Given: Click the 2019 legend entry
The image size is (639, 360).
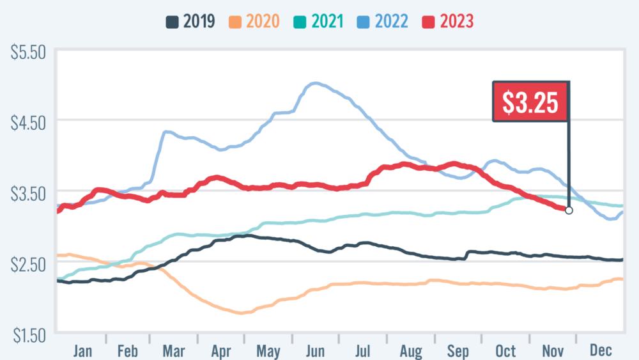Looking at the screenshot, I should [x=189, y=21].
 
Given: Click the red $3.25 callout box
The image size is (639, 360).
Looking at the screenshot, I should [x=530, y=102].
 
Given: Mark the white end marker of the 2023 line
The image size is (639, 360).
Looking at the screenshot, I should [x=569, y=210].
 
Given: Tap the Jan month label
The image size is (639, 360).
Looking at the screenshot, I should [x=83, y=350].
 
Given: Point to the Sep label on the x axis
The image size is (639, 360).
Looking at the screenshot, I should [x=458, y=350].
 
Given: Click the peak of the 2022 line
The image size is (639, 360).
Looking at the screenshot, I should [x=314, y=83].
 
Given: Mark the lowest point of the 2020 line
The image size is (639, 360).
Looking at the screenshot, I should [x=242, y=313].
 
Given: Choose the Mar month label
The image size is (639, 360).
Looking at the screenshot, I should [x=174, y=350].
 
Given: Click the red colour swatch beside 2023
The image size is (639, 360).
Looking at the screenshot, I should [x=428, y=21].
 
